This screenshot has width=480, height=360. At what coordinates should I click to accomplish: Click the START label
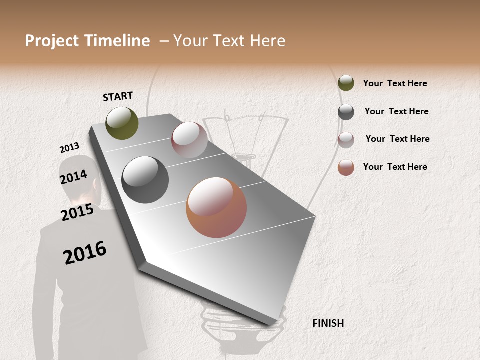point(118,96)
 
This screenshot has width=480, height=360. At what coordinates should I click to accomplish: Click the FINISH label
point(328,323)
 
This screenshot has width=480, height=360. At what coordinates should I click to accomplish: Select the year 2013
point(69,148)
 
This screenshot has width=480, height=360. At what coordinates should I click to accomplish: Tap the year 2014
point(73,177)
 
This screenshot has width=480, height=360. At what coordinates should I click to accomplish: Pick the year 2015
point(77,212)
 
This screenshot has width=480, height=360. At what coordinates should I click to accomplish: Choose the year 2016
point(85,252)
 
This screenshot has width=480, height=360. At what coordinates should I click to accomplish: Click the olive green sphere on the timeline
point(122,123)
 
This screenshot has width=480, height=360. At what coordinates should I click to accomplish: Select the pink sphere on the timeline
point(189,139)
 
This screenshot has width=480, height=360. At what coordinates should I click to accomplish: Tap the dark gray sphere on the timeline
point(145,180)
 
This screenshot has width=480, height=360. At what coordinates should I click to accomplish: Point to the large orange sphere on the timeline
point(216,207)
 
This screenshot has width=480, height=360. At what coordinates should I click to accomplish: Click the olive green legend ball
point(346,83)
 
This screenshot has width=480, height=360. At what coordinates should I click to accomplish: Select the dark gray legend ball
point(346,112)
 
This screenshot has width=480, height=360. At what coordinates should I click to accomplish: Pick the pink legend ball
point(346,140)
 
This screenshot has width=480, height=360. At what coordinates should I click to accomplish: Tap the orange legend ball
point(346,167)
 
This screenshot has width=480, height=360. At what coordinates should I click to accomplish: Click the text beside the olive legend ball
point(395,83)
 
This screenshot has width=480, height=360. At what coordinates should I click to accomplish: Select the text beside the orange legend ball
point(395,167)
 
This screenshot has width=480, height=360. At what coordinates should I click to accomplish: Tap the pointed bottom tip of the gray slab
point(276,325)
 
